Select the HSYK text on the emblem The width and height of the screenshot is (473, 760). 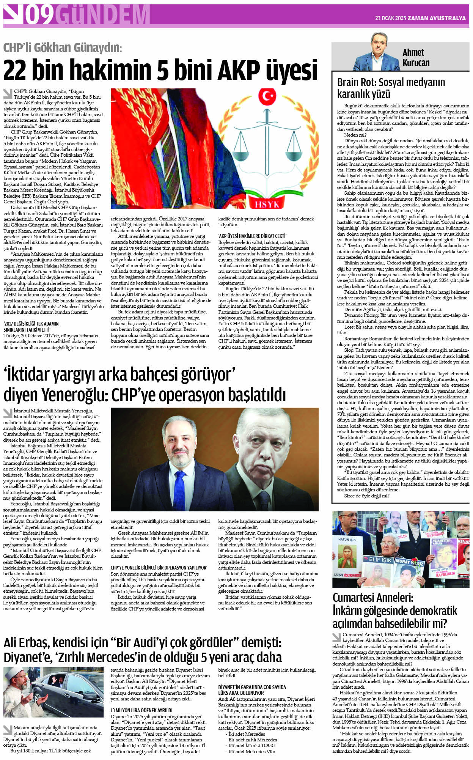coord(267,204)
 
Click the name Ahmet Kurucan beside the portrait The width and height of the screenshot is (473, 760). coord(416,57)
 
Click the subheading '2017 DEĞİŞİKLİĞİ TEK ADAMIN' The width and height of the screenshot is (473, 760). coord(31,323)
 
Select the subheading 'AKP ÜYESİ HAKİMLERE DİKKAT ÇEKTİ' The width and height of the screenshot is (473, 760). coord(252,236)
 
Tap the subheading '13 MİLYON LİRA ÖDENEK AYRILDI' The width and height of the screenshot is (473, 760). coord(141,710)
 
